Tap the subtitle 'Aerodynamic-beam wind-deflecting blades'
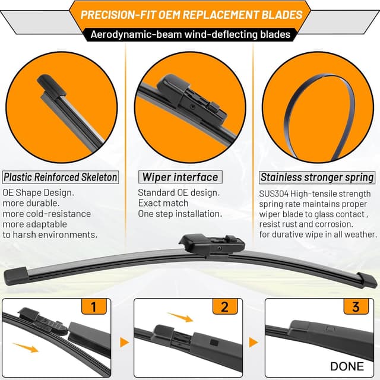click(190, 34)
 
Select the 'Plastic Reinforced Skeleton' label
click(60, 177)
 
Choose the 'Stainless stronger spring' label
click(318, 177)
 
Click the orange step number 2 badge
click(224, 307)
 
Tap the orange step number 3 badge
click(356, 307)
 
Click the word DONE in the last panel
click(347, 366)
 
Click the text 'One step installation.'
click(180, 214)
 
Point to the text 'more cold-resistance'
click(47, 214)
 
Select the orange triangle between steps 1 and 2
click(125, 343)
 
